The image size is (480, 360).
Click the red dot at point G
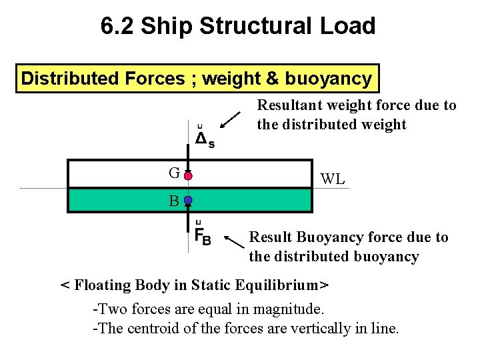(189, 176)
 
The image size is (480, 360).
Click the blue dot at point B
(189, 200)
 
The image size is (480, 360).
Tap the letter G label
(174, 174)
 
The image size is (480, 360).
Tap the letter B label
(173, 200)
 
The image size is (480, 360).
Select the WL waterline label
(332, 179)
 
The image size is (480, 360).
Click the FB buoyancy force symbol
(203, 235)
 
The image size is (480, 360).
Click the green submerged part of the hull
(253, 200)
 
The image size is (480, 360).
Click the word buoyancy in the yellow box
(328, 79)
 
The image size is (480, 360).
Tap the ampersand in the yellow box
(273, 79)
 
